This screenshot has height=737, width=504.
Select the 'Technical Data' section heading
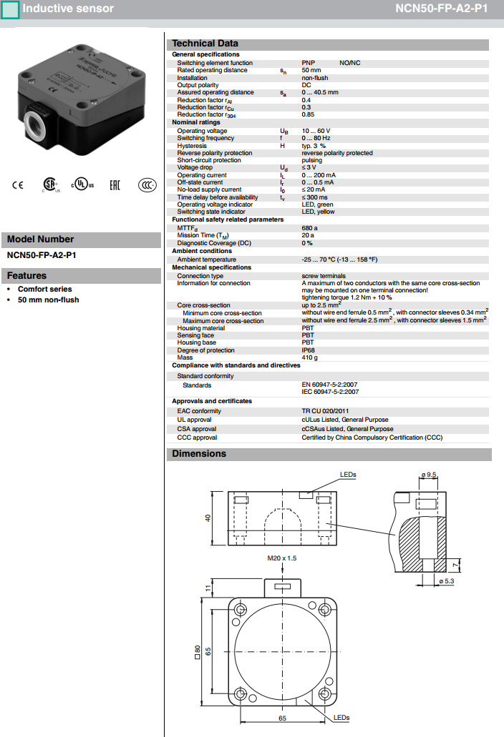(x=205, y=44)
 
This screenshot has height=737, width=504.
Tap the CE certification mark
(x=18, y=184)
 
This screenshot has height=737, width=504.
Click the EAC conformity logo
(x=115, y=184)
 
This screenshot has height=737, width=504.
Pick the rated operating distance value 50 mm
(x=311, y=70)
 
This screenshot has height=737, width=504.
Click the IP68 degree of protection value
(x=308, y=350)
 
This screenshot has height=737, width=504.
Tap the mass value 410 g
(x=309, y=357)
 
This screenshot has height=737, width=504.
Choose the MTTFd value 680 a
(x=309, y=227)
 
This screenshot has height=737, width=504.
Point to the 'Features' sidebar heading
(x=26, y=276)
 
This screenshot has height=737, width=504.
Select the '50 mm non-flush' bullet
(x=48, y=300)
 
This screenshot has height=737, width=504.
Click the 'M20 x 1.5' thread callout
(x=282, y=558)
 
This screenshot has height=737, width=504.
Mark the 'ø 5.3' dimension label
(x=446, y=581)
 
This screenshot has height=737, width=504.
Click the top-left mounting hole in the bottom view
(x=238, y=608)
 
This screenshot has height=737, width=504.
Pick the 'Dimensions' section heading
(x=198, y=454)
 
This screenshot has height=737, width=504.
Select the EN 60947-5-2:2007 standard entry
(x=330, y=385)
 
